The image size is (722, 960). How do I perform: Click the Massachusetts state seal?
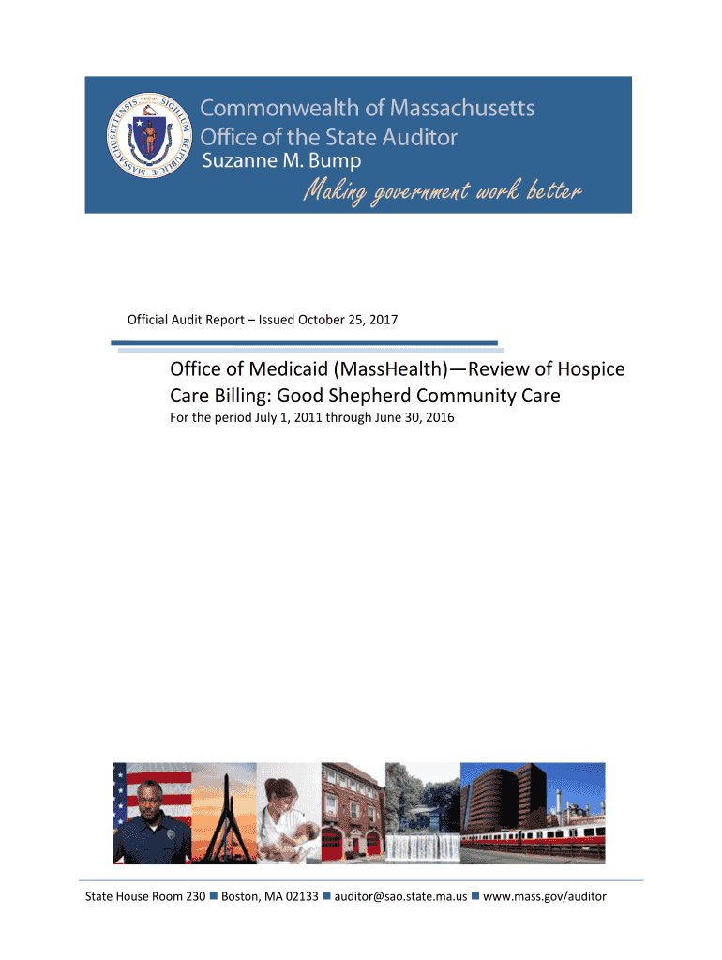click(144, 141)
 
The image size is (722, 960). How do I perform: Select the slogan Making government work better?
click(441, 192)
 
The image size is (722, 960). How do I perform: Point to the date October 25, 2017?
click(348, 320)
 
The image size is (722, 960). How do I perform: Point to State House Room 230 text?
click(145, 897)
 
